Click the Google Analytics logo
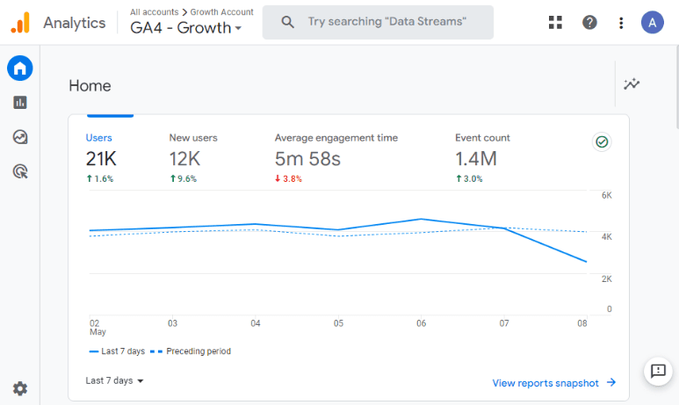pos(20,23)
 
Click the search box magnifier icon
pos(287,22)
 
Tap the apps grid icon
pos(555,23)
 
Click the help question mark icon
pos(589,23)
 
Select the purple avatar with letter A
pos(652,23)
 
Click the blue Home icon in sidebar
pos(20,68)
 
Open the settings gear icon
pos(20,388)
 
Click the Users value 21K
pos(101,159)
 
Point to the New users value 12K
pos(184,159)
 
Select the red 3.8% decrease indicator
pos(288,178)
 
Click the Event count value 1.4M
pos(476,159)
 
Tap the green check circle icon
pos(602,141)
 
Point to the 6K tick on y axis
pos(607,195)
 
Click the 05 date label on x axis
pos(338,323)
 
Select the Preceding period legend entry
pos(191,351)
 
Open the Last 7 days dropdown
pos(114,380)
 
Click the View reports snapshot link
pos(554,383)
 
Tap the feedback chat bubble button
pos(658,371)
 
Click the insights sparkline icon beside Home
pos(632,83)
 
